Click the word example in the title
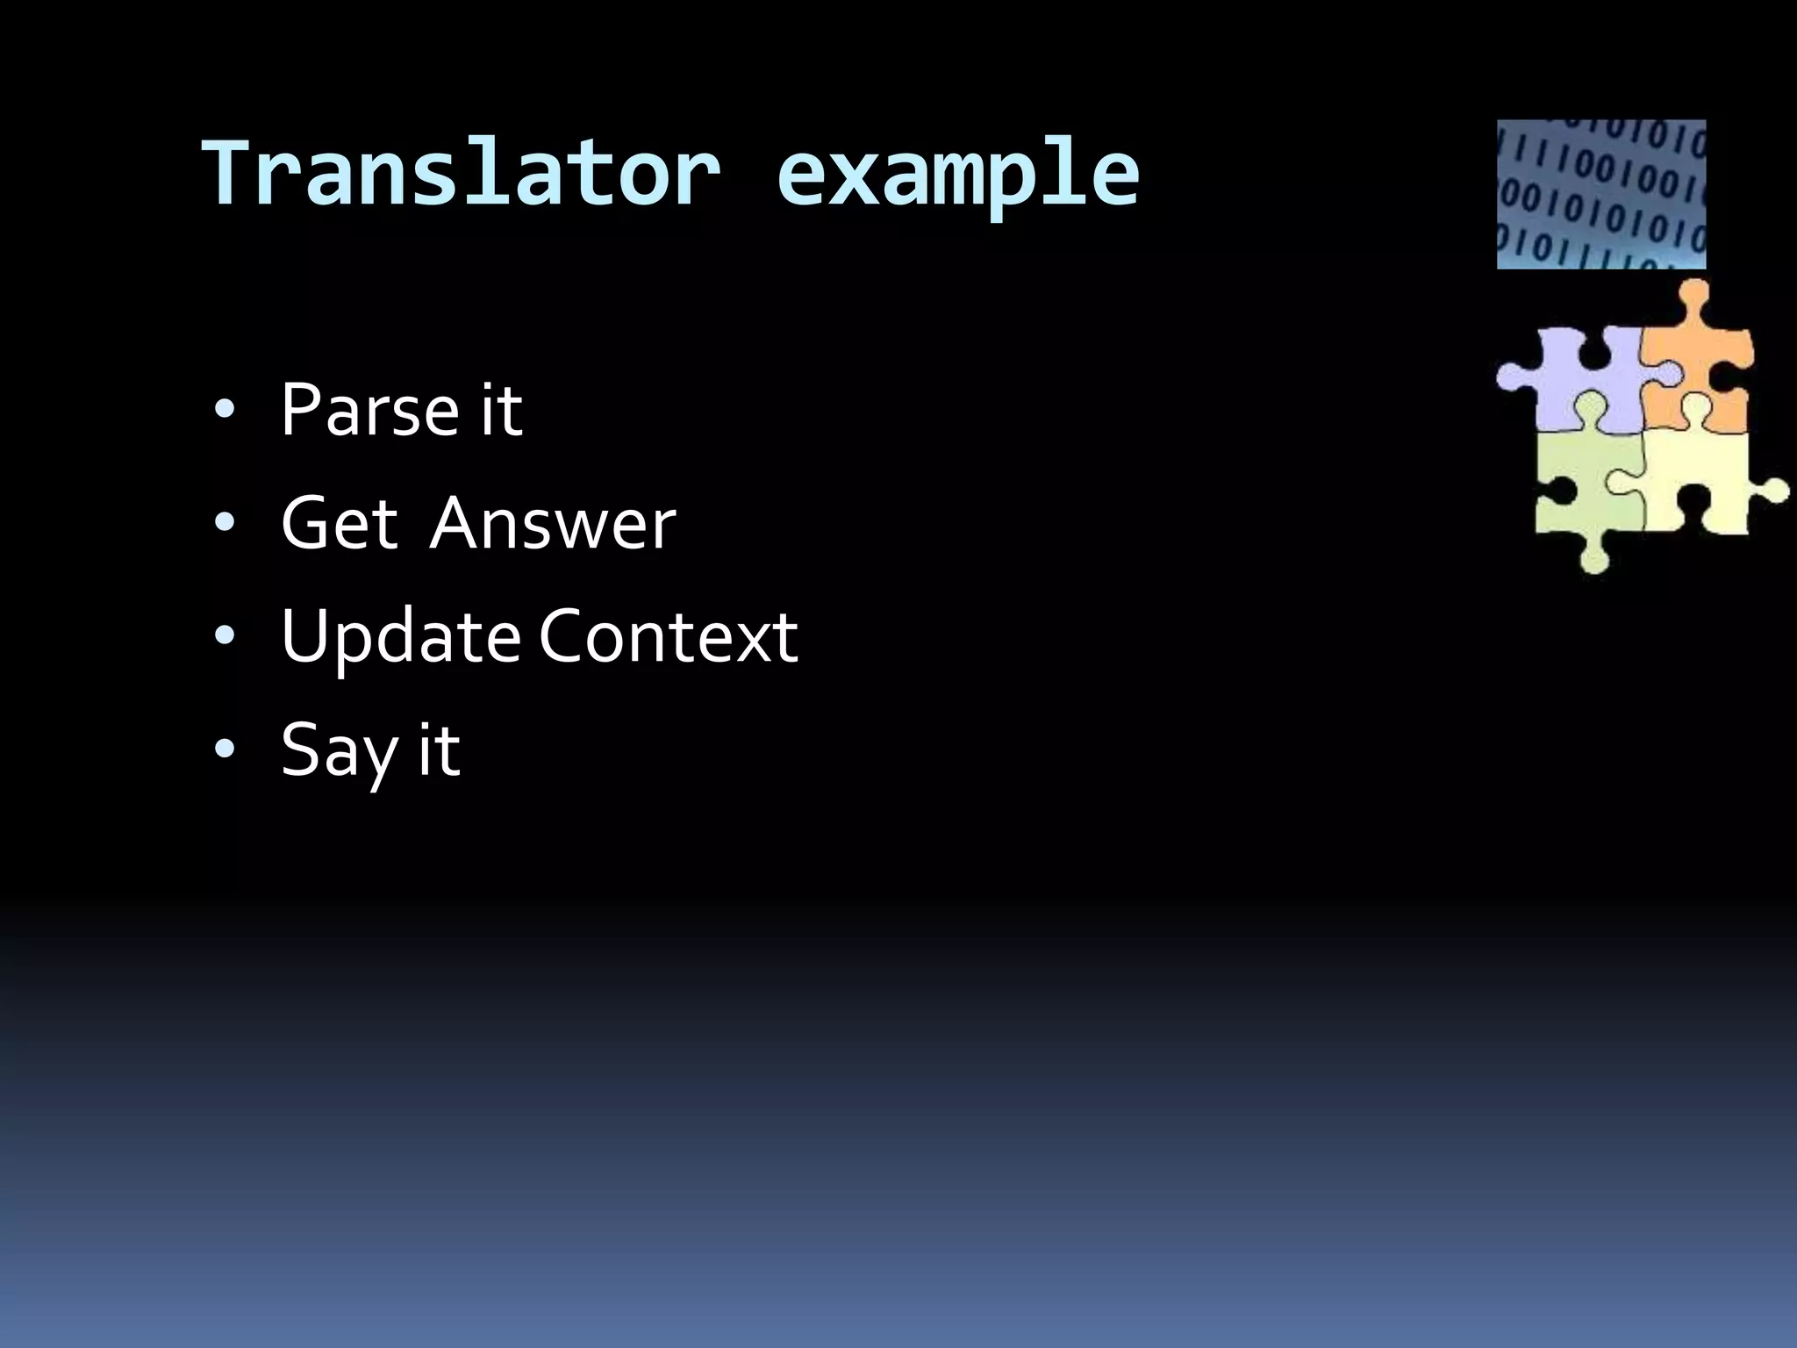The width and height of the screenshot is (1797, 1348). coord(957,176)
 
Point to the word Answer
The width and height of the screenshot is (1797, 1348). coord(553,523)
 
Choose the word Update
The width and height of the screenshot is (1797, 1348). coord(400,638)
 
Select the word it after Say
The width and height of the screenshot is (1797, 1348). coord(438,751)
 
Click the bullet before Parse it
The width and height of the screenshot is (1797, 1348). coord(225,410)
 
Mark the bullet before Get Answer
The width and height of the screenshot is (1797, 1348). coord(225,524)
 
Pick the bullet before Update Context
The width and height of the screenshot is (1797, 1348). coord(225,637)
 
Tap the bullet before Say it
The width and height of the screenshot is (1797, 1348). coord(225,750)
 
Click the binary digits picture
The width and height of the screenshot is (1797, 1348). coord(1600,194)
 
